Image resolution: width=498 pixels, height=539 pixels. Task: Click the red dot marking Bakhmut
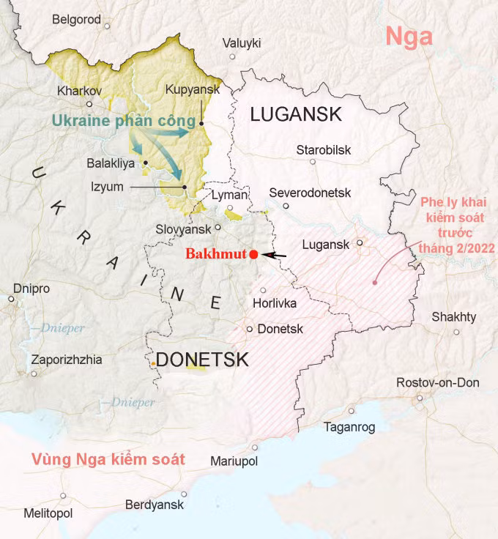point(253,254)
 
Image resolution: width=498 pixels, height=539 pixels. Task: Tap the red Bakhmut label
point(216,255)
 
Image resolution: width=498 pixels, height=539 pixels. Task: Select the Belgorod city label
point(76,20)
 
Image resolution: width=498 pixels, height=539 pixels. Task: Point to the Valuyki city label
point(241,42)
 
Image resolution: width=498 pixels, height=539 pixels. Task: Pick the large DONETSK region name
point(202,360)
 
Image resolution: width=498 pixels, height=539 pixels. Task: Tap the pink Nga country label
point(409,36)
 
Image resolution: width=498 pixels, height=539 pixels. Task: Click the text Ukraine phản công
point(123,120)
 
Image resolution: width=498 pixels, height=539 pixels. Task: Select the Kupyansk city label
point(192,90)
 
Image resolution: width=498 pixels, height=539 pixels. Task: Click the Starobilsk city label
point(323,150)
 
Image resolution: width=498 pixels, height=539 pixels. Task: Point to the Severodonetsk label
point(311,193)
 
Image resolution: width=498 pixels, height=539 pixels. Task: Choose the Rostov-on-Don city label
point(437,382)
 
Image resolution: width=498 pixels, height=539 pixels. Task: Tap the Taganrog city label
point(349,428)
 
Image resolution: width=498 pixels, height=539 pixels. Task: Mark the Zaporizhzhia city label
point(66,360)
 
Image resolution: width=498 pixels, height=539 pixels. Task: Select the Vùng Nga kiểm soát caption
point(108,460)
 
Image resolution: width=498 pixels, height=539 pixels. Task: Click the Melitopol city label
point(48,513)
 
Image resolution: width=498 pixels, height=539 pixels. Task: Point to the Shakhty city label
point(453,317)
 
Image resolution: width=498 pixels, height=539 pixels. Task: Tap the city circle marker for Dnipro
point(11,299)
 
